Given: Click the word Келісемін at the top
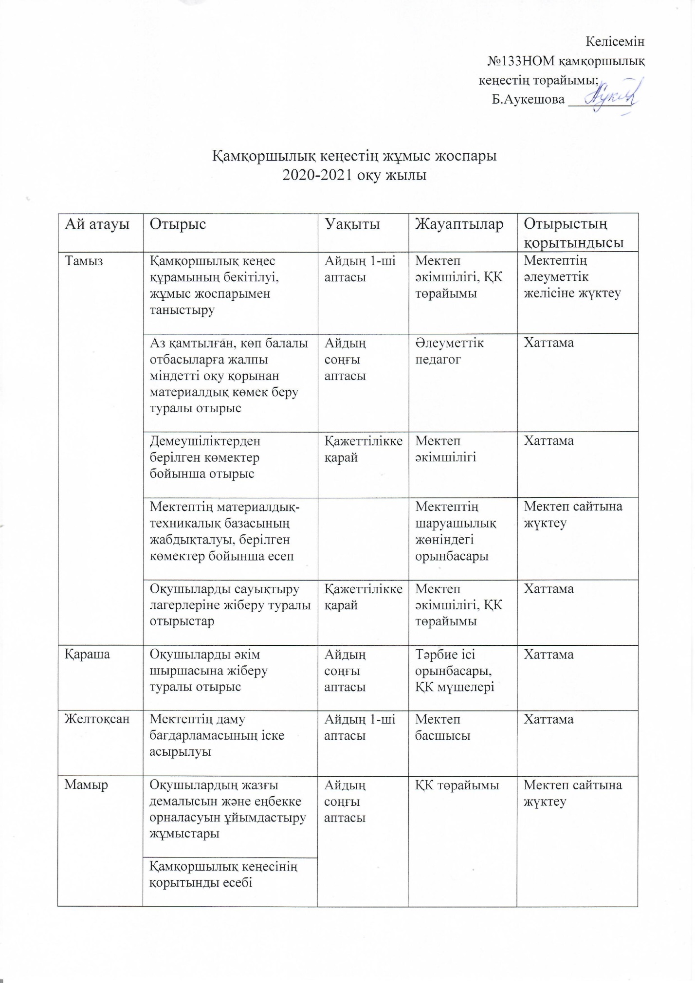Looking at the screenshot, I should click(615, 42).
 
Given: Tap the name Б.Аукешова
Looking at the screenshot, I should click(528, 100).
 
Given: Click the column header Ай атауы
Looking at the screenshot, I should click(97, 224).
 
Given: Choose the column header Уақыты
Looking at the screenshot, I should click(352, 224).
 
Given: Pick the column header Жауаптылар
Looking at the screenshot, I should click(459, 224).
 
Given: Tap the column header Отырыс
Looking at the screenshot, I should click(178, 224).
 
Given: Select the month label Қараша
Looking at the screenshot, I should click(88, 655).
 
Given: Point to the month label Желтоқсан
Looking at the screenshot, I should click(97, 719).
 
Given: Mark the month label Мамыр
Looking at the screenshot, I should click(86, 785).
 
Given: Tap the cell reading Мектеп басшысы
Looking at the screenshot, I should click(442, 728).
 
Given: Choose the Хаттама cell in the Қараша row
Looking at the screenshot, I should click(549, 655).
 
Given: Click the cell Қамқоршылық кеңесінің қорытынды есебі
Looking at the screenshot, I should click(223, 874).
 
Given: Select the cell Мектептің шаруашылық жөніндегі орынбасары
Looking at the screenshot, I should click(456, 531).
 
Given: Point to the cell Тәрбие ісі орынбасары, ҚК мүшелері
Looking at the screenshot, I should click(454, 671).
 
